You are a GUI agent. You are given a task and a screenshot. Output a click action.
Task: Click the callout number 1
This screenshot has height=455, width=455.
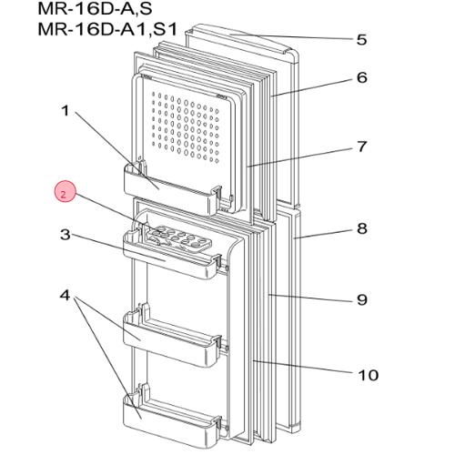[x=65, y=112]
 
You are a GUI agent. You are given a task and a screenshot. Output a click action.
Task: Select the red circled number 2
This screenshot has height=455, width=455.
[x=63, y=193]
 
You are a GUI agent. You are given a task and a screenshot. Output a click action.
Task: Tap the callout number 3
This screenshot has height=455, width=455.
[x=65, y=235]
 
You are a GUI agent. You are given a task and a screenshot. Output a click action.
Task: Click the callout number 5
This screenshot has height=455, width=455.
[x=361, y=39]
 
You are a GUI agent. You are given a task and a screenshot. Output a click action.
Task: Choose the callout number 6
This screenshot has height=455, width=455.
[x=361, y=77]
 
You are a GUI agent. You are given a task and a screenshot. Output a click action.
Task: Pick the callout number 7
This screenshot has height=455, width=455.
[x=361, y=146]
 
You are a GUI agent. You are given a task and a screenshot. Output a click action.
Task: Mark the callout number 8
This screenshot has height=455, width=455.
[x=361, y=228]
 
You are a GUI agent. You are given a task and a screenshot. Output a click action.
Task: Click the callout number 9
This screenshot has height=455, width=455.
[x=361, y=298]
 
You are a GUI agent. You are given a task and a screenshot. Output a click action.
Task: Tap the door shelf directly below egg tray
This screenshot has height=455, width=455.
[x=173, y=258]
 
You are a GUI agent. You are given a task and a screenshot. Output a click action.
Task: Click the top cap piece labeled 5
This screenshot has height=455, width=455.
[x=241, y=39]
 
